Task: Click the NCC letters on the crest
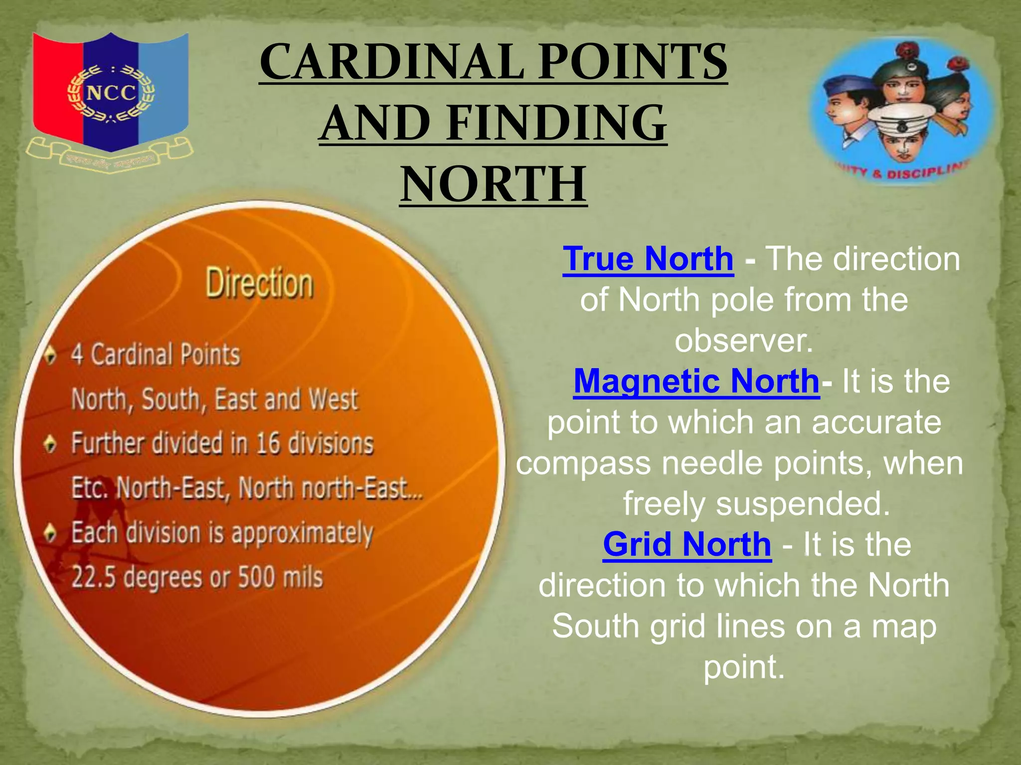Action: click(111, 93)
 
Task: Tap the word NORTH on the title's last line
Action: click(493, 184)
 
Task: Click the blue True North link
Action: click(648, 259)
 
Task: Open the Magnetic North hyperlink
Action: click(696, 381)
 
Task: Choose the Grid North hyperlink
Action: click(686, 544)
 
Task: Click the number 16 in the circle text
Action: click(268, 443)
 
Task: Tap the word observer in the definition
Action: click(743, 341)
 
